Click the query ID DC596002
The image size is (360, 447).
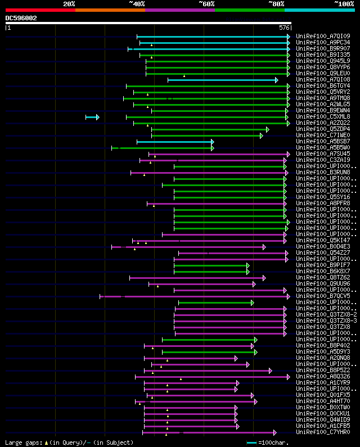click(x=21, y=18)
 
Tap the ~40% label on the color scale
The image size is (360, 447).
click(x=137, y=4)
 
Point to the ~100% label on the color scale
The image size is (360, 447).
click(x=344, y=4)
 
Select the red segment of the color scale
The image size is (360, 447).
click(x=40, y=10)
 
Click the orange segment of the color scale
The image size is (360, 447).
click(x=110, y=10)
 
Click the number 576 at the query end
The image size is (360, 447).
click(x=284, y=27)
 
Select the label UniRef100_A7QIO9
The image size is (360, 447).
click(x=322, y=37)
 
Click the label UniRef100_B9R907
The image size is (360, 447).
click(x=322, y=49)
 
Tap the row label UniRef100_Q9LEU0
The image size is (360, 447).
click(x=322, y=74)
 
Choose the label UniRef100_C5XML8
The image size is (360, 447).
click(x=322, y=117)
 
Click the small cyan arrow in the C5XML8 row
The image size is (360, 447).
click(x=92, y=117)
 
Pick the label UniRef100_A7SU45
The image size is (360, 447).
click(x=322, y=153)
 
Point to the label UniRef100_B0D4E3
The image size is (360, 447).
click(x=322, y=246)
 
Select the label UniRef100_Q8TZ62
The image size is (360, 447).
click(x=322, y=277)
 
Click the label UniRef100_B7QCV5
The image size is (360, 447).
click(x=322, y=296)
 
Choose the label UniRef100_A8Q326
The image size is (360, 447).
click(x=322, y=377)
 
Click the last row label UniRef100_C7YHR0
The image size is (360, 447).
click(x=322, y=432)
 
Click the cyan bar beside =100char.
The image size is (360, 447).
click(x=251, y=443)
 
